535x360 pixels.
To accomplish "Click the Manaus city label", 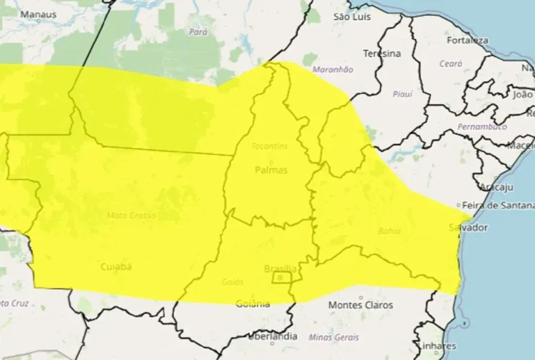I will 38,14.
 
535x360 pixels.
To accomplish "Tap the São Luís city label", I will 351,16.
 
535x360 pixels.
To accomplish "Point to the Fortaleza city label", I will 467,40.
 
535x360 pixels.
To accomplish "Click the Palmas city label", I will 271,170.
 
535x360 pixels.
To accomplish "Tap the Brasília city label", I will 280,269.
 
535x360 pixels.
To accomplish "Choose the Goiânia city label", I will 253,304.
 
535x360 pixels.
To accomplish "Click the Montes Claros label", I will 360,305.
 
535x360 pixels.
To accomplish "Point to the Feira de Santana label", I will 497,205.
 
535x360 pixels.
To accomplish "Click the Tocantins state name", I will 270,146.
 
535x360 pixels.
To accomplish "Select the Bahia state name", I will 389,231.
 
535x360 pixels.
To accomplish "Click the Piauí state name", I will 403,94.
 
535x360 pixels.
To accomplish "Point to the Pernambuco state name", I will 483,126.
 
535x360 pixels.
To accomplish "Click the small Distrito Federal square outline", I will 281,277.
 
